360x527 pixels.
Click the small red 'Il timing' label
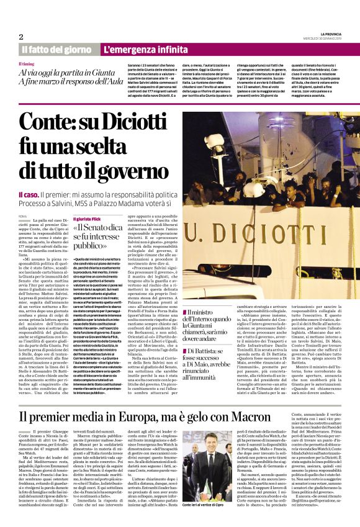pyautogui.click(x=27, y=64)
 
